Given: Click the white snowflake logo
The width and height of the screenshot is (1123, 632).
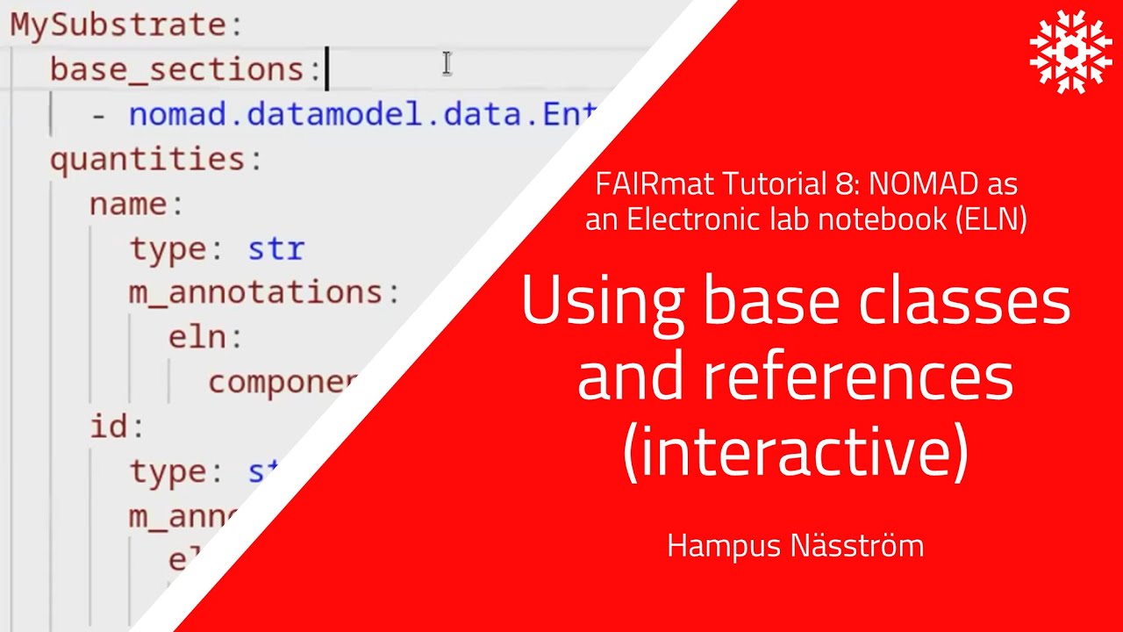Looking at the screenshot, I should (1070, 52).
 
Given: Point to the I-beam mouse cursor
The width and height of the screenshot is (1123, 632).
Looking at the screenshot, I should (447, 63).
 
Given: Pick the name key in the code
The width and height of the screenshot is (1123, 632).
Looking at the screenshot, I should (128, 205).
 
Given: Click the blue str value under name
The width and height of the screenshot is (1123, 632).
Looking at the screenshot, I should (275, 249).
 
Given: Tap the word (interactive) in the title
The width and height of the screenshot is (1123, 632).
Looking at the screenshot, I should (795, 452).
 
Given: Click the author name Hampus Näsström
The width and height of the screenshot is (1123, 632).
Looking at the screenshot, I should (795, 546).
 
